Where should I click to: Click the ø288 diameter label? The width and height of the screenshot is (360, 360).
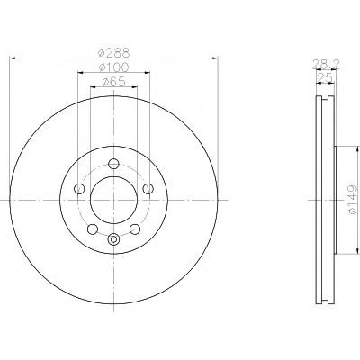114,52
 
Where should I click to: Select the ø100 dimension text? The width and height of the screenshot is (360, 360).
114,67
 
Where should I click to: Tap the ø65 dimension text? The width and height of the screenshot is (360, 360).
113,82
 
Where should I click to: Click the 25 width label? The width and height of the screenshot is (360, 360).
326,78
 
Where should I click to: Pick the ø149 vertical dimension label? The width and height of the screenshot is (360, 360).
353,200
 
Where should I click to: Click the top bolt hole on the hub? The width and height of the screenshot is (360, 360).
113,164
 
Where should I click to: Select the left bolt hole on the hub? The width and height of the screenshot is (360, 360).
79,189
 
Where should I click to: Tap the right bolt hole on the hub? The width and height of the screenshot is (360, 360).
148,189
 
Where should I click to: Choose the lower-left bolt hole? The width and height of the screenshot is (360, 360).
93,229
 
